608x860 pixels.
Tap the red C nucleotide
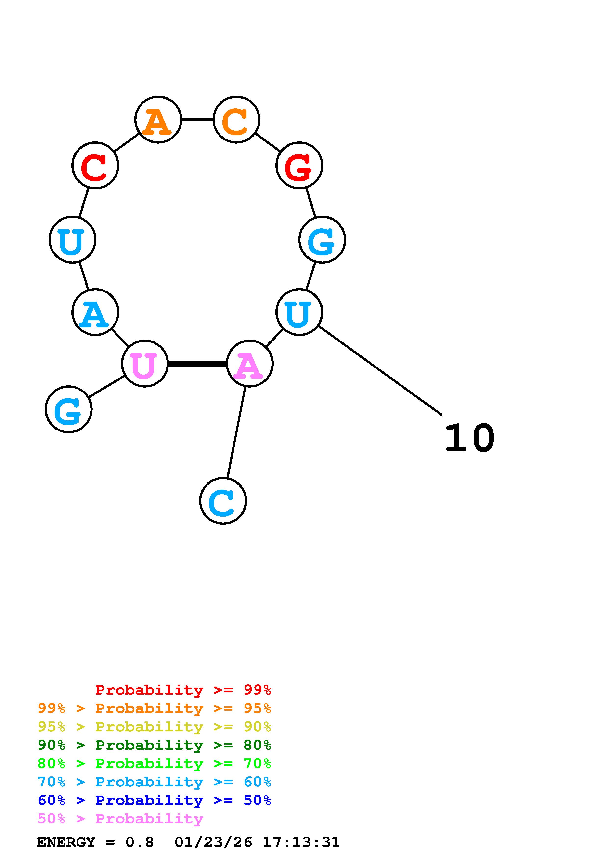(x=95, y=165)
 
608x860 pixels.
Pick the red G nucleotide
(x=299, y=165)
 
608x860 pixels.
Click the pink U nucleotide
(x=145, y=363)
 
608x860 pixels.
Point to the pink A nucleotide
(x=249, y=363)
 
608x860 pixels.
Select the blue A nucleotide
(x=95, y=312)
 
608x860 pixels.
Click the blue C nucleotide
(x=223, y=501)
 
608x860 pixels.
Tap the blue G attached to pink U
(x=69, y=409)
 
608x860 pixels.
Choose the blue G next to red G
(x=322, y=239)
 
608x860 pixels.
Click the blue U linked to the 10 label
(x=299, y=312)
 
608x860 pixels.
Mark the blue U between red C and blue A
(x=72, y=239)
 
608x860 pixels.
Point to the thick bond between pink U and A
(x=197, y=363)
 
